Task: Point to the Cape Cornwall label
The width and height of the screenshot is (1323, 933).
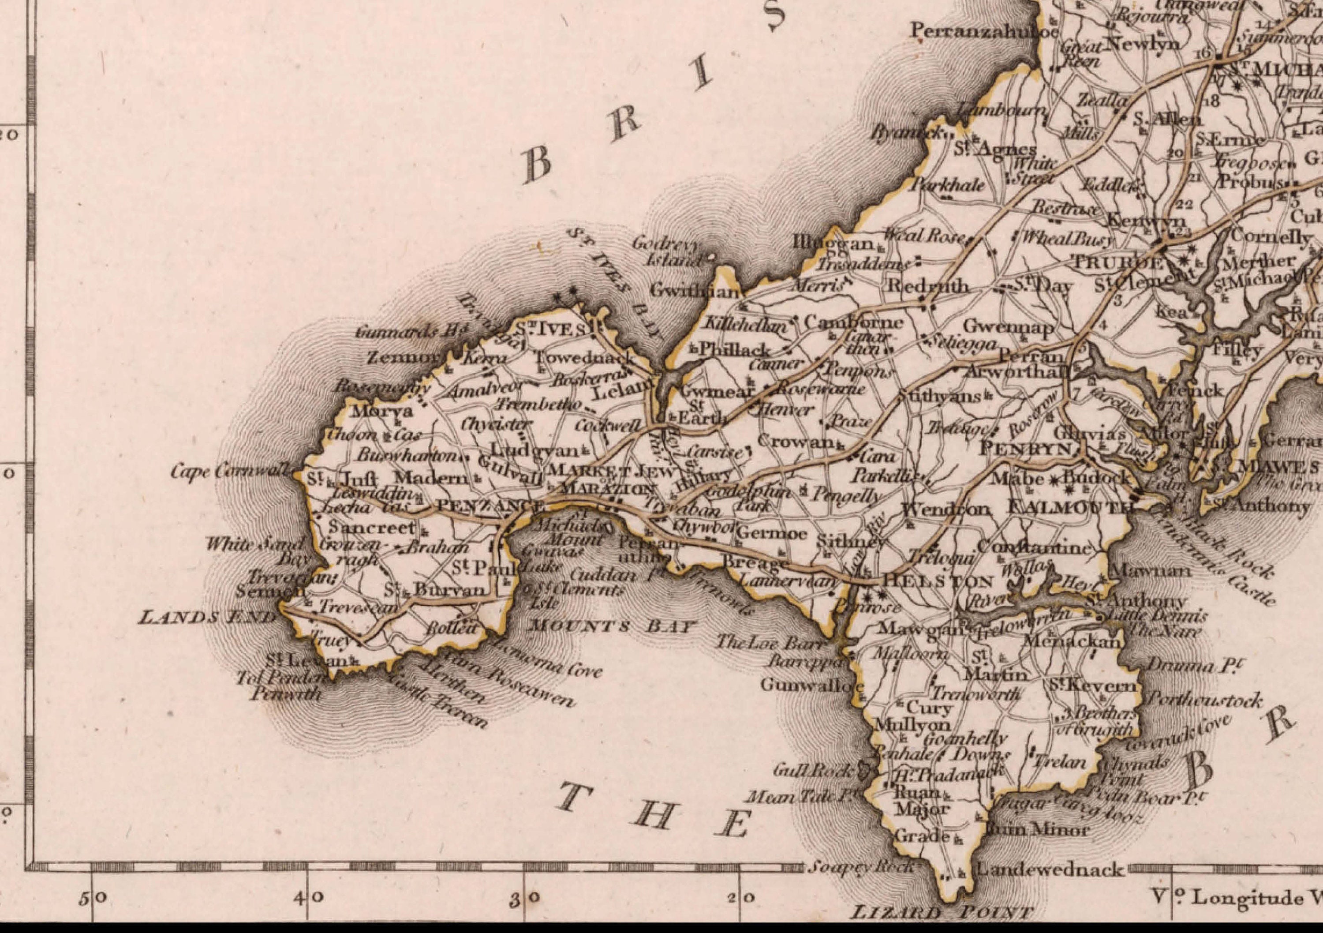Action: pyautogui.click(x=231, y=472)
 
